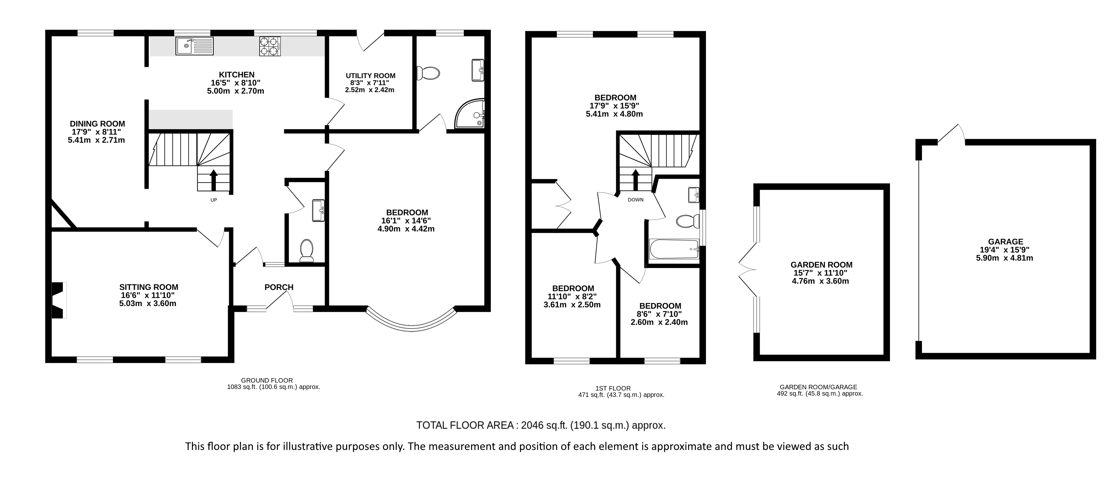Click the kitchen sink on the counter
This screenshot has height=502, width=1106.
tap(194, 46)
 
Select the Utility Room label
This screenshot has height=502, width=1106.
tap(371, 76)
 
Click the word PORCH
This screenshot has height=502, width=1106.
tap(279, 287)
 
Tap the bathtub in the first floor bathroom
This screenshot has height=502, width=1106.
tap(675, 249)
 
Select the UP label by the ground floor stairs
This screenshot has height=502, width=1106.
tap(214, 200)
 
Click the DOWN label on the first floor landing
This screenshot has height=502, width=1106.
tap(635, 199)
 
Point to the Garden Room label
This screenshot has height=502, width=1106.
tap(821, 265)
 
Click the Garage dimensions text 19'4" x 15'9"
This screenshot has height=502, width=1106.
tap(1005, 250)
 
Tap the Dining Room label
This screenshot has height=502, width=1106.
tap(97, 124)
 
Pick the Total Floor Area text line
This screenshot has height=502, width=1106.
tap(541, 425)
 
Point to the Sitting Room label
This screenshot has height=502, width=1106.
tap(148, 287)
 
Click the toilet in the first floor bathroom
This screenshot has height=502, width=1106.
tap(687, 221)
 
